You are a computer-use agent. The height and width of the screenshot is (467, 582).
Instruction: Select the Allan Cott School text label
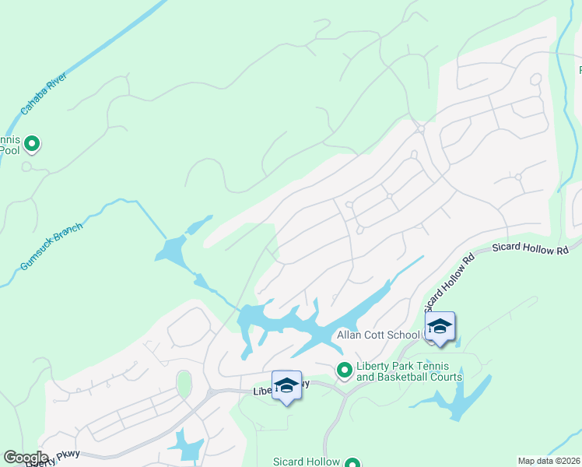pos(379,335)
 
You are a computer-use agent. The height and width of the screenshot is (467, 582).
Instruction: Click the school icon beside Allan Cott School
pos(440,327)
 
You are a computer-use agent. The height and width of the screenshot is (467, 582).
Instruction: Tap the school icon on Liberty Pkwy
pos(286,386)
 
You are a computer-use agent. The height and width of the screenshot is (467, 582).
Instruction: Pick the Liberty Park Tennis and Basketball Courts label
pos(408,372)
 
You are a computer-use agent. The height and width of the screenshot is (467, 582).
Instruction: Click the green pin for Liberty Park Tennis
pos(343,370)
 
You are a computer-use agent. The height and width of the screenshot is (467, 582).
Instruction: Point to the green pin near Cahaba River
pos(32,143)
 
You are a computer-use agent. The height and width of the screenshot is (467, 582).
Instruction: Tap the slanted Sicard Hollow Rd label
pos(450,282)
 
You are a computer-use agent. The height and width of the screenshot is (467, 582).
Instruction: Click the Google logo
pos(26,458)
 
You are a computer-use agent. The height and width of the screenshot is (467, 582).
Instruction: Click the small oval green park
pos(184,384)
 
